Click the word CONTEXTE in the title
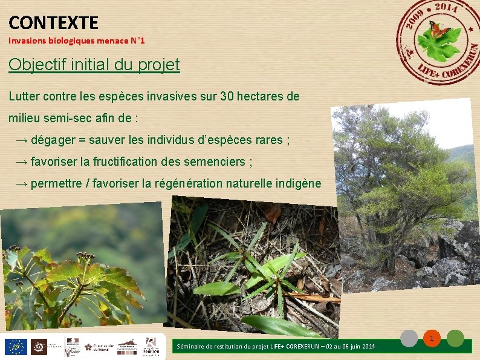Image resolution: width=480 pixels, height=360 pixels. click(53, 23)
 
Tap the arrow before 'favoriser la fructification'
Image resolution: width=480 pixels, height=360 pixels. click(22, 162)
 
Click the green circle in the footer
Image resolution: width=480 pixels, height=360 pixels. click(455, 338)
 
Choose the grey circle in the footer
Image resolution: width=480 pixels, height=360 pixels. click(410, 338)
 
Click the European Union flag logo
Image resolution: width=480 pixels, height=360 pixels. click(15, 347)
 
